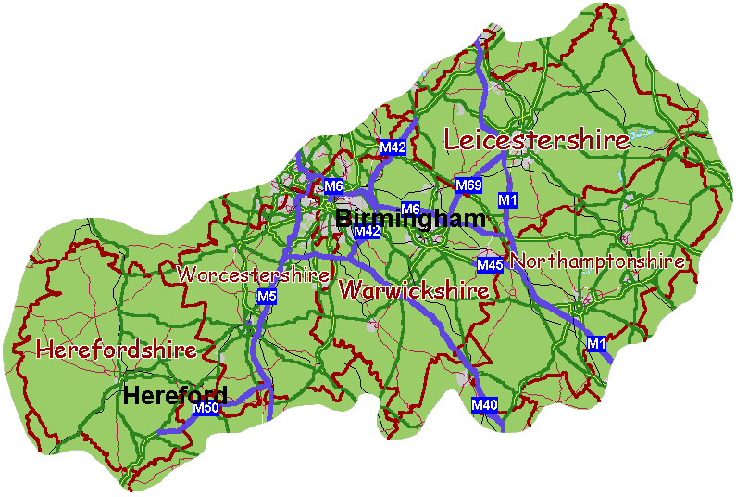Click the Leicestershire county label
tap(537, 141)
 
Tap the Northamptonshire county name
tap(597, 262)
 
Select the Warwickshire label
tap(414, 290)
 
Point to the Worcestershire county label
tap(254, 275)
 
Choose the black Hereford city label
tap(175, 396)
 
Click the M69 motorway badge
tap(468, 185)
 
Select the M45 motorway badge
tap(490, 265)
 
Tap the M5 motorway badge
tap(267, 297)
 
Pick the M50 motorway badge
tap(205, 408)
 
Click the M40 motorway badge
tap(484, 404)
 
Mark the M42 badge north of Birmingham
tap(393, 147)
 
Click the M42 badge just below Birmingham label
tap(367, 231)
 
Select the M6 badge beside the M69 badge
tap(410, 208)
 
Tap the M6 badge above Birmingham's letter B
tap(333, 186)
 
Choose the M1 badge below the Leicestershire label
tap(506, 199)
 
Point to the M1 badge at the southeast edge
tap(596, 344)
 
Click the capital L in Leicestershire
tap(454, 141)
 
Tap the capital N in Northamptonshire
tap(517, 262)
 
